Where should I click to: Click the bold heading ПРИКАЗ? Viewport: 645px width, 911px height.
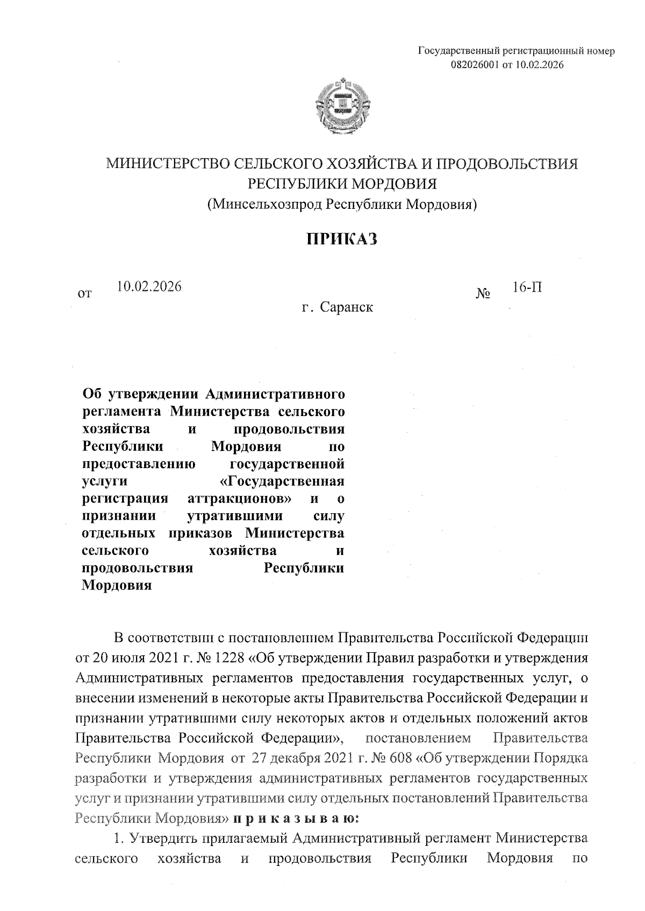pos(342,239)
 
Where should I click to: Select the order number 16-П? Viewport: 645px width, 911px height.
pos(527,287)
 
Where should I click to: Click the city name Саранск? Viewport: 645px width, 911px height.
pos(347,308)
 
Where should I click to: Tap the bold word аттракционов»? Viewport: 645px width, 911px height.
pos(240,499)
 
